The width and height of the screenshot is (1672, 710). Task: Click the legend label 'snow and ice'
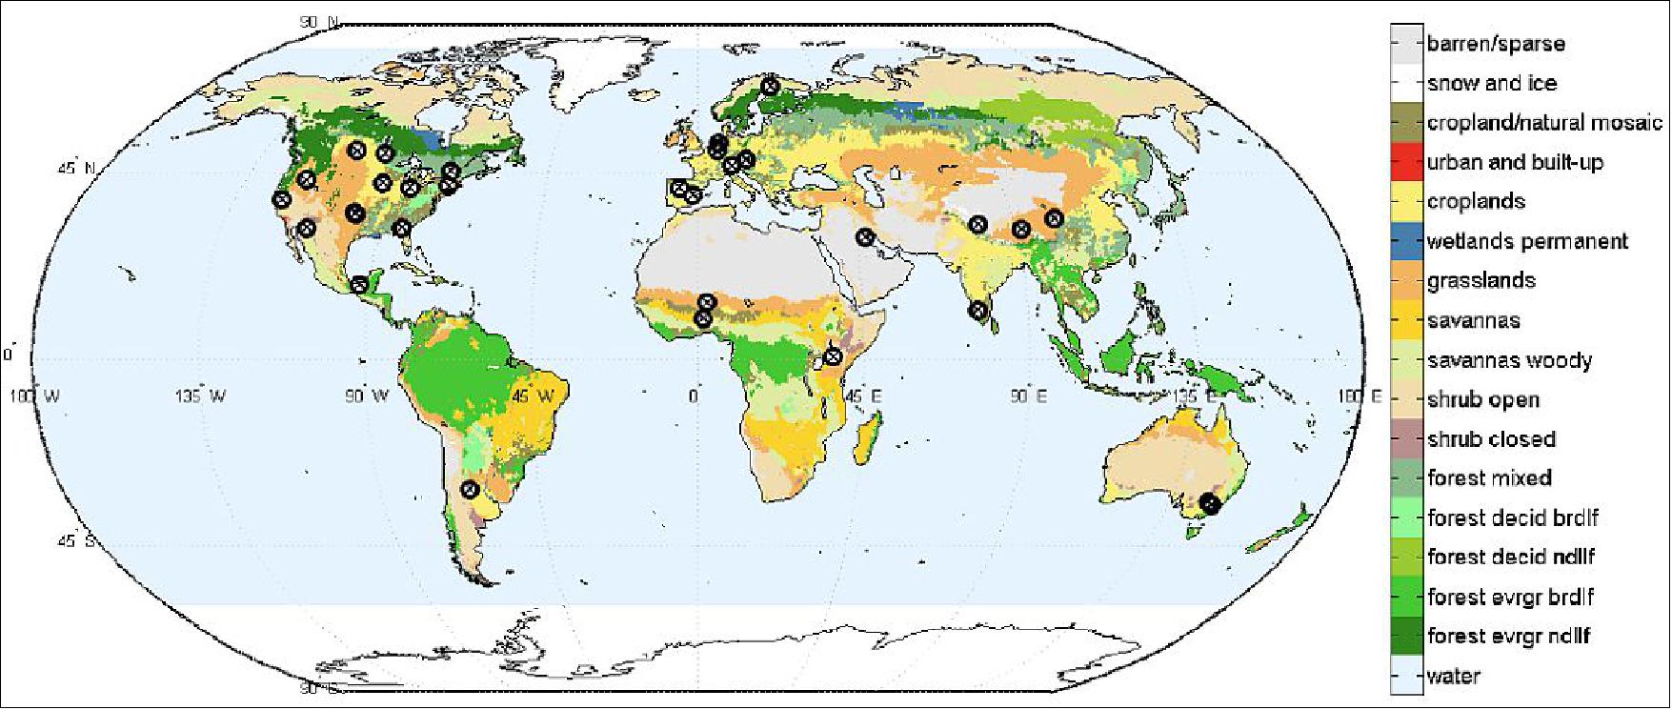click(1492, 83)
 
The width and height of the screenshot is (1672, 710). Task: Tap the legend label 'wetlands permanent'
click(1527, 241)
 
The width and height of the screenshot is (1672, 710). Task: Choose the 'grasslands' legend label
click(1481, 280)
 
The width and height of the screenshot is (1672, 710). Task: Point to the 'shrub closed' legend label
click(1491, 439)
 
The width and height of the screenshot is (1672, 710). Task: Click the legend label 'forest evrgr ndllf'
click(1508, 636)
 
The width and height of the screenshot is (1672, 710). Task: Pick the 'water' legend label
click(1453, 676)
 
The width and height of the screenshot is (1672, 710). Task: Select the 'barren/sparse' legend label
click(1496, 43)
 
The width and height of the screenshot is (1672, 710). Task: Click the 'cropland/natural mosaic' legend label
click(1544, 122)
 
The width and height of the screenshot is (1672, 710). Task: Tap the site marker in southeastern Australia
click(1211, 502)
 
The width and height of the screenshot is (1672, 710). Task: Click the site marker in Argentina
click(469, 489)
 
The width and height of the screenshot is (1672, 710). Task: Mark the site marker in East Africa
click(834, 356)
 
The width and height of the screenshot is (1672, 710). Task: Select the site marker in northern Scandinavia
click(771, 86)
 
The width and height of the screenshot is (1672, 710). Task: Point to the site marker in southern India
click(977, 310)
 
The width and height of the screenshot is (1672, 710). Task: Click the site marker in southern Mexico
click(359, 284)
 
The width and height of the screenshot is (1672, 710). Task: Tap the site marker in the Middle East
click(865, 237)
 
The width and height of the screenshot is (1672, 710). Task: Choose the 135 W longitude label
click(199, 396)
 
